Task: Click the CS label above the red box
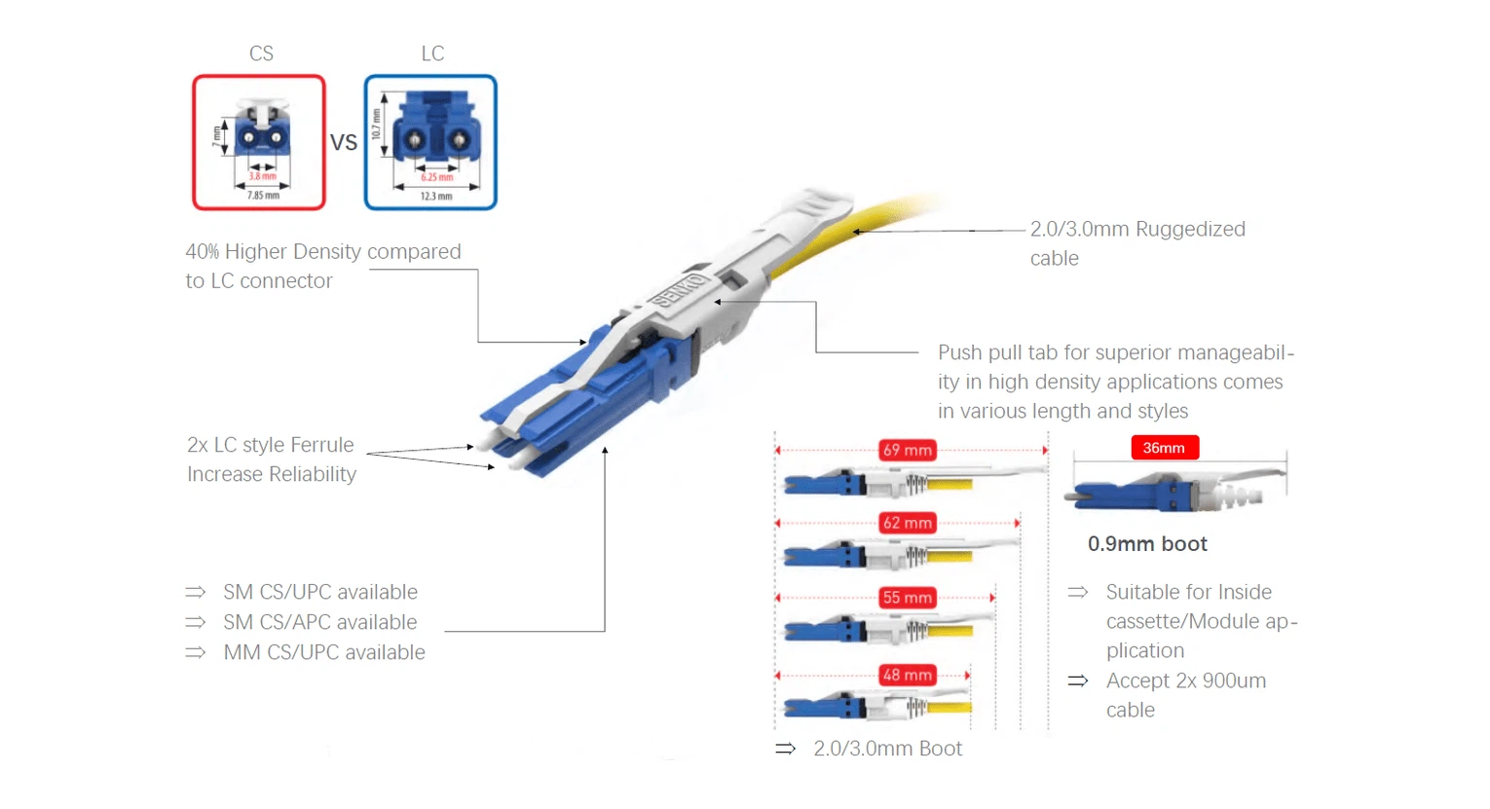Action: pyautogui.click(x=261, y=54)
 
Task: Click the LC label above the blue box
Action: pyautogui.click(x=432, y=54)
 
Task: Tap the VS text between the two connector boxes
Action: pyautogui.click(x=344, y=143)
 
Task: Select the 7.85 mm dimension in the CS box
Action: pyautogui.click(x=263, y=196)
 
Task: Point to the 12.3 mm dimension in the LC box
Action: pyautogui.click(x=436, y=197)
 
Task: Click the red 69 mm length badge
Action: pyautogui.click(x=908, y=450)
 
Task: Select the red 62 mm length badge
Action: pyautogui.click(x=908, y=523)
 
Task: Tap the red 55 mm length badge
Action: pyautogui.click(x=908, y=598)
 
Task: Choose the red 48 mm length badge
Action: pyautogui.click(x=908, y=675)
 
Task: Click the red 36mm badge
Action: pyautogui.click(x=1164, y=448)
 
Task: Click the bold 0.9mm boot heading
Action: pyautogui.click(x=1147, y=544)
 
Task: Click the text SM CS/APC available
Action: pyautogui.click(x=319, y=622)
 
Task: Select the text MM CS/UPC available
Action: pyautogui.click(x=324, y=652)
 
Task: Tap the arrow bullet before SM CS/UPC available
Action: pyautogui.click(x=196, y=592)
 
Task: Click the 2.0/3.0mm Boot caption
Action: pyautogui.click(x=887, y=749)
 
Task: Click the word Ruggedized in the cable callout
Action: pyautogui.click(x=1190, y=230)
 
